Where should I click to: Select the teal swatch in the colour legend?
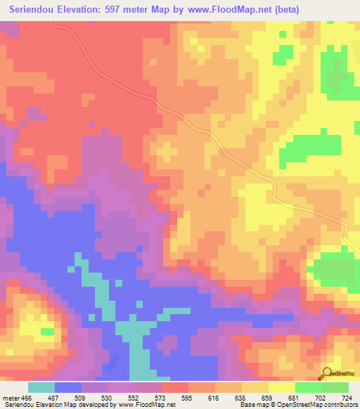(41, 387)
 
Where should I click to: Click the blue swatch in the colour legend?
(68, 387)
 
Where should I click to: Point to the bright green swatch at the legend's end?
(335, 387)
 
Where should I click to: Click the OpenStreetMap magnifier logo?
(326, 372)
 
